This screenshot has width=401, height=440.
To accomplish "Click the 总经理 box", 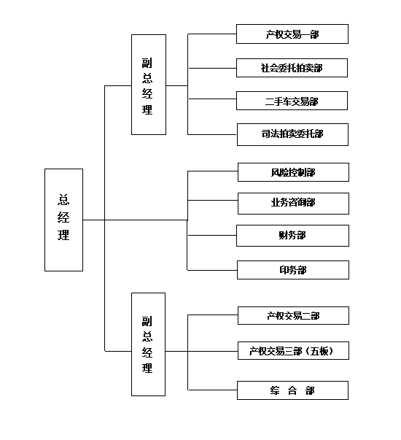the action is tap(63, 220).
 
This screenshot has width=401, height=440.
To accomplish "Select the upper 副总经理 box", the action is tap(149, 85).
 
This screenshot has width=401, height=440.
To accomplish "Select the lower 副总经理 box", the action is tap(148, 344).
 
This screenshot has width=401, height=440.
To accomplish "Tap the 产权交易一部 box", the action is tap(292, 34).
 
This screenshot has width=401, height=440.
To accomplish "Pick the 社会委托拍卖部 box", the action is tap(292, 68).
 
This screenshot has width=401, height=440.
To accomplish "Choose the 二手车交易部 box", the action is tap(292, 101).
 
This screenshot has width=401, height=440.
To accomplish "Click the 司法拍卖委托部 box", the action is tap(293, 134).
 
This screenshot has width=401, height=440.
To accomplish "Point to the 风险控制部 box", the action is tap(293, 172).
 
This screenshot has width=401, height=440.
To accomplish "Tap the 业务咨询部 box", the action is tap(293, 204).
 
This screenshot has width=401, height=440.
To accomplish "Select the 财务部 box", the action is tap(293, 236).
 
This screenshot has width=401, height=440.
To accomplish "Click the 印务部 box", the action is tap(293, 270).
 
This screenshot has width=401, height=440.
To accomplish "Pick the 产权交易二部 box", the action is tap(293, 315).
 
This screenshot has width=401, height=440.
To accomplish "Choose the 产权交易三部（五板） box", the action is tap(293, 350).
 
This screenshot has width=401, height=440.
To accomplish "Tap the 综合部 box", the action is tap(293, 390).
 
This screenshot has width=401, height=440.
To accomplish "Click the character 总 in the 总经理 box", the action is tap(63, 200).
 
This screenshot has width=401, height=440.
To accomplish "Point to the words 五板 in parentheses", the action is tap(319, 351).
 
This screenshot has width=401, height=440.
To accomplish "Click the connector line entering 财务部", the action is tap(212, 235).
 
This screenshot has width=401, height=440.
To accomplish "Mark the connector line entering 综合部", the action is tap(213, 390).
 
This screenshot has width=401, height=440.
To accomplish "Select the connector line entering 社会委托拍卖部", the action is tap(212, 68).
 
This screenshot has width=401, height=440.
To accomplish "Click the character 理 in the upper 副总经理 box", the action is tap(147, 109).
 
